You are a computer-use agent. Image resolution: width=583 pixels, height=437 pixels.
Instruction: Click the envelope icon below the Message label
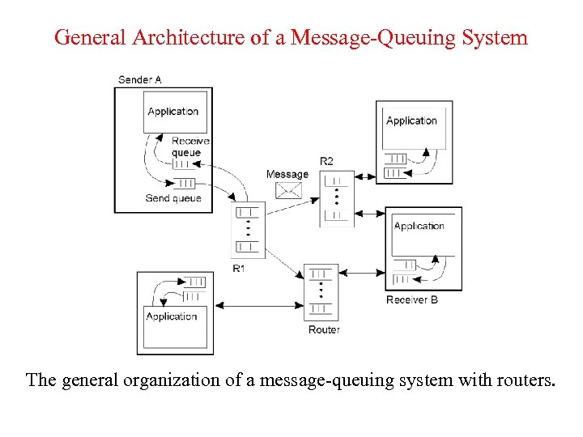(287, 191)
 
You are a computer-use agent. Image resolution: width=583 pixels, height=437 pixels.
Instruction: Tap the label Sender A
(140, 79)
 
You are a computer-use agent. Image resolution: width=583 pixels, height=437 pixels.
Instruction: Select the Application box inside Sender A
(174, 111)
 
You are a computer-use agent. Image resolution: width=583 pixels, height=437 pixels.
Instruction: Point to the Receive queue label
(190, 146)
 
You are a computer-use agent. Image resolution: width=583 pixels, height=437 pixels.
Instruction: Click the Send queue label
(173, 198)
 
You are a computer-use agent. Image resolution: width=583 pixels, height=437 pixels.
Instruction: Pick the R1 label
(239, 268)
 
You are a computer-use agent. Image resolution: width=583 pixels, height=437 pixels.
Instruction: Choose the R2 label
(326, 161)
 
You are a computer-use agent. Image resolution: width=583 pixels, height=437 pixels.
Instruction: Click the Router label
(324, 329)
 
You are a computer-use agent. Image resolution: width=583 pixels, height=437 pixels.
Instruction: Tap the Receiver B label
(412, 300)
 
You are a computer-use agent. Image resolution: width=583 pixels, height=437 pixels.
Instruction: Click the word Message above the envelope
(287, 174)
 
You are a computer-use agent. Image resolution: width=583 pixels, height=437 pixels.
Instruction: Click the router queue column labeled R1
(247, 229)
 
